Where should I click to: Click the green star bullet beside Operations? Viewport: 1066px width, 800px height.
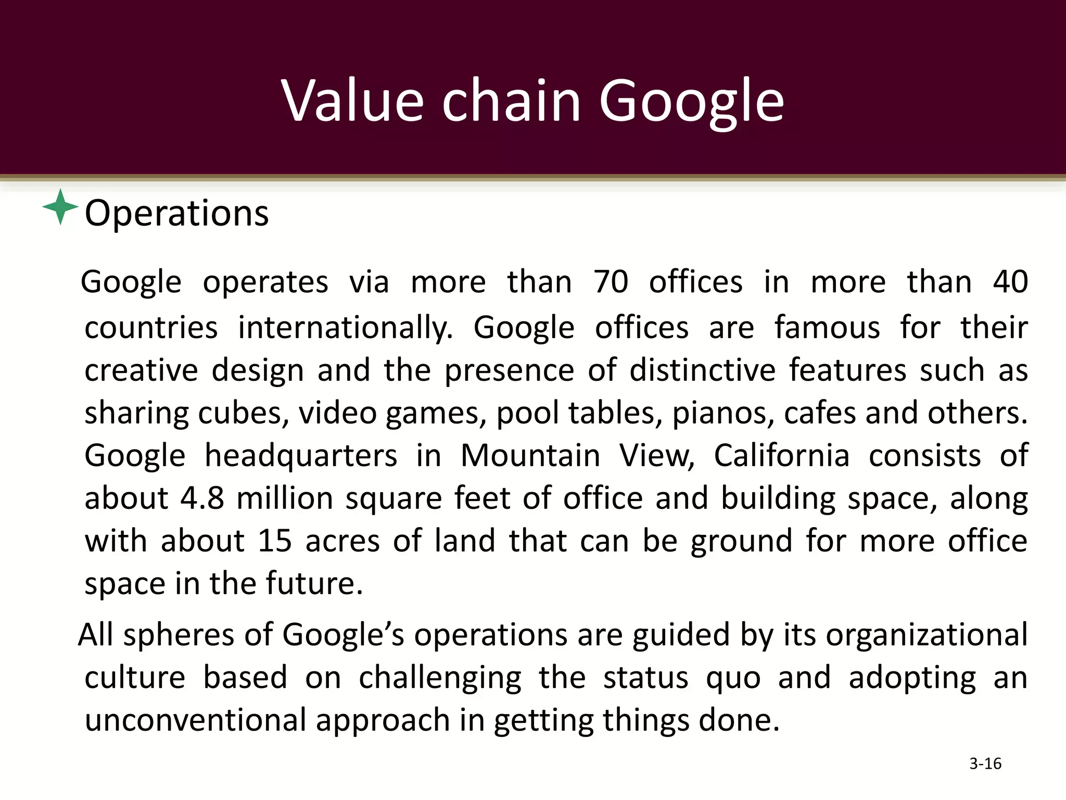click(x=60, y=207)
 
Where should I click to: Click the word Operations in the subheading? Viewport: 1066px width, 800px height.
click(x=176, y=213)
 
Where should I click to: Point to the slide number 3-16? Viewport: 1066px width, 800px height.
click(x=985, y=764)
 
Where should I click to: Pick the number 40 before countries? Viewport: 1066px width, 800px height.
click(x=1010, y=282)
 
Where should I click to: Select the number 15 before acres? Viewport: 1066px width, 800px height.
click(x=274, y=540)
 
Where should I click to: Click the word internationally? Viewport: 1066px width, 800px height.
click(x=346, y=328)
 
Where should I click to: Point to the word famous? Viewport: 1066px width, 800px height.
click(x=827, y=328)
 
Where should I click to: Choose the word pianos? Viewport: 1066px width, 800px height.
click(x=723, y=413)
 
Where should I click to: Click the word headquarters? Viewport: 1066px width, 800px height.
click(x=300, y=456)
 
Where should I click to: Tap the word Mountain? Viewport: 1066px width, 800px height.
click(x=530, y=456)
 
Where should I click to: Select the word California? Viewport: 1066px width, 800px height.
click(x=781, y=456)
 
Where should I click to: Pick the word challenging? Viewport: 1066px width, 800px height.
click(x=440, y=678)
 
